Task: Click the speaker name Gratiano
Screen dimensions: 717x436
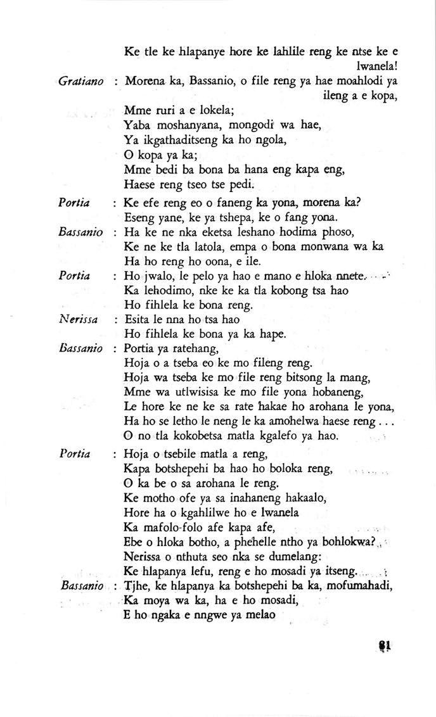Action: [80, 82]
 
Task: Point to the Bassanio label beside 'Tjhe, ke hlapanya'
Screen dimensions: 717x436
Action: [82, 585]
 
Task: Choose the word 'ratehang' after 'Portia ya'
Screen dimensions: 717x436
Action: [196, 348]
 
